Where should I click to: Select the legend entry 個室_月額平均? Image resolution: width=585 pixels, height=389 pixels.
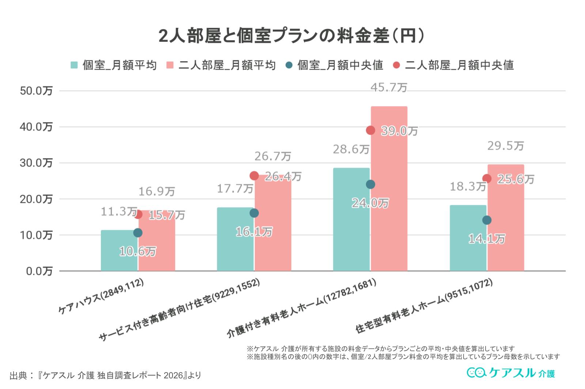114,65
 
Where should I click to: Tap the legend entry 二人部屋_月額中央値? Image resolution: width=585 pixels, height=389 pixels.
454,65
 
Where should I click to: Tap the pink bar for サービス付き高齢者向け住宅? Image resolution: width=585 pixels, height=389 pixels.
273,227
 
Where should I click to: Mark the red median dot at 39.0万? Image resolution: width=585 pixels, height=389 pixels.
370,130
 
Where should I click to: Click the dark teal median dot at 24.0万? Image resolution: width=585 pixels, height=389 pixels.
370,184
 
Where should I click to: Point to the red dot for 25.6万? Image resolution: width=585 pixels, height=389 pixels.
487,179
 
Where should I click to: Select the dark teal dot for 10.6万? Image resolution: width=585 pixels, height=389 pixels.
138,233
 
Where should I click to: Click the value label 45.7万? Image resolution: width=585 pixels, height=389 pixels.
389,88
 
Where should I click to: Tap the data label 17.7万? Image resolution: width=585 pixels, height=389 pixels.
235,189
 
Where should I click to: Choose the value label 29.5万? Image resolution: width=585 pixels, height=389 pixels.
505,146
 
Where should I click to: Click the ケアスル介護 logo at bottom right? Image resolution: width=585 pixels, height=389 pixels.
511,373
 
